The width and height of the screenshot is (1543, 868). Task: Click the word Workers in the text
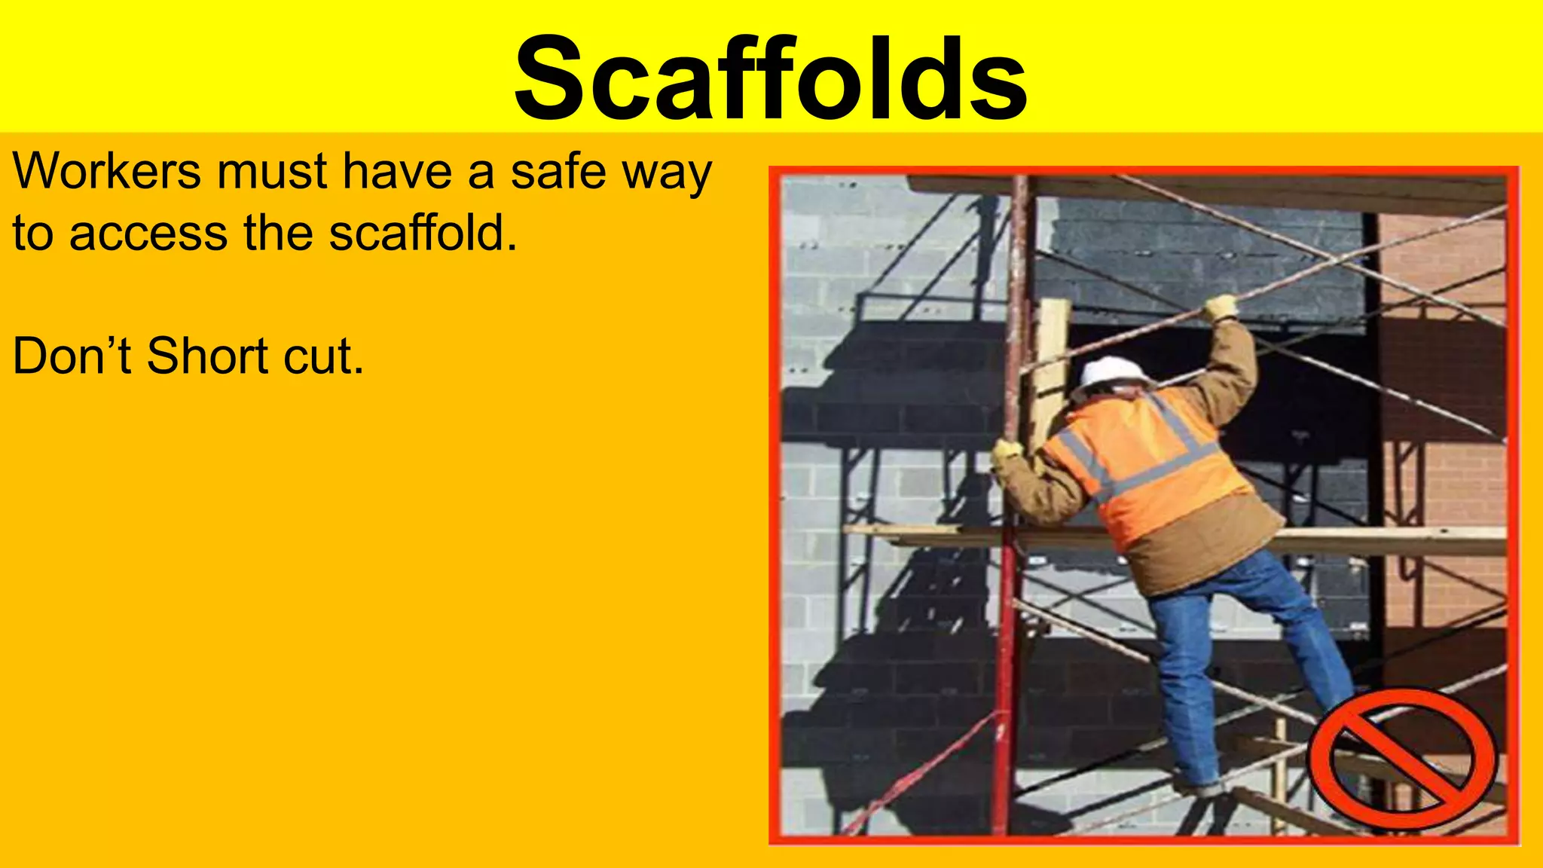coord(106,171)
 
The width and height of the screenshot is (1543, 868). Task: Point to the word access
coord(148,233)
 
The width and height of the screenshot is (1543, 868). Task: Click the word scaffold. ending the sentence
coord(423,233)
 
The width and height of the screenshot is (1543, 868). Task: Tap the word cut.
coord(324,356)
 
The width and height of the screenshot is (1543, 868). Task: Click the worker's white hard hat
coord(1112,371)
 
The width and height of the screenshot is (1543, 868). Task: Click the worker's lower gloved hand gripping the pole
coord(1007,452)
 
